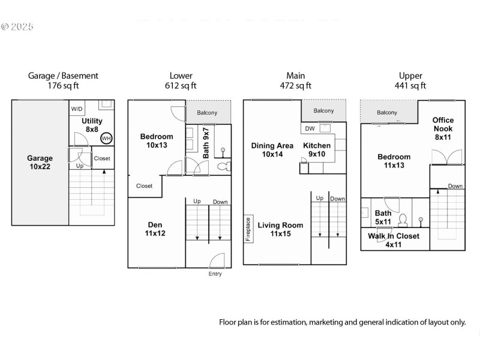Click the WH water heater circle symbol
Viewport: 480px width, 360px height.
click(x=106, y=138)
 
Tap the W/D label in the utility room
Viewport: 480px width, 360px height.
click(x=77, y=109)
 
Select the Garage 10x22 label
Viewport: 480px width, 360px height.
click(x=40, y=163)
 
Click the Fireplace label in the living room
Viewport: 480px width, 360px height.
click(x=248, y=229)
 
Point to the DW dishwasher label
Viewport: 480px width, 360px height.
click(x=310, y=128)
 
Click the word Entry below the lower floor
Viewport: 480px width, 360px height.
click(x=215, y=274)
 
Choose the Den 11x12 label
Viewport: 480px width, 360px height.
click(x=155, y=229)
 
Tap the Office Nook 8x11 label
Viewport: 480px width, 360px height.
click(x=443, y=128)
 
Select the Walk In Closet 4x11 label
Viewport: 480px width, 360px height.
click(x=394, y=240)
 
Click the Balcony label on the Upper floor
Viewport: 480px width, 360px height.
click(x=387, y=112)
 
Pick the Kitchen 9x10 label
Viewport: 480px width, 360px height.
click(x=316, y=149)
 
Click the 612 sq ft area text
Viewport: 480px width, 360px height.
click(x=181, y=85)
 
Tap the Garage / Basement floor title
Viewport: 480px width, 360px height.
click(x=63, y=76)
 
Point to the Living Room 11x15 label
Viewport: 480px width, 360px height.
click(x=280, y=229)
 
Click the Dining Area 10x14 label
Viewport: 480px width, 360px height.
click(x=272, y=149)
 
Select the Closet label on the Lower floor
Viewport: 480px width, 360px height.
click(x=144, y=186)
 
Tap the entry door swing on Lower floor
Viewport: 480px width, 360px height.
click(x=217, y=261)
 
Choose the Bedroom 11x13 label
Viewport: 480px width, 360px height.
click(x=394, y=161)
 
